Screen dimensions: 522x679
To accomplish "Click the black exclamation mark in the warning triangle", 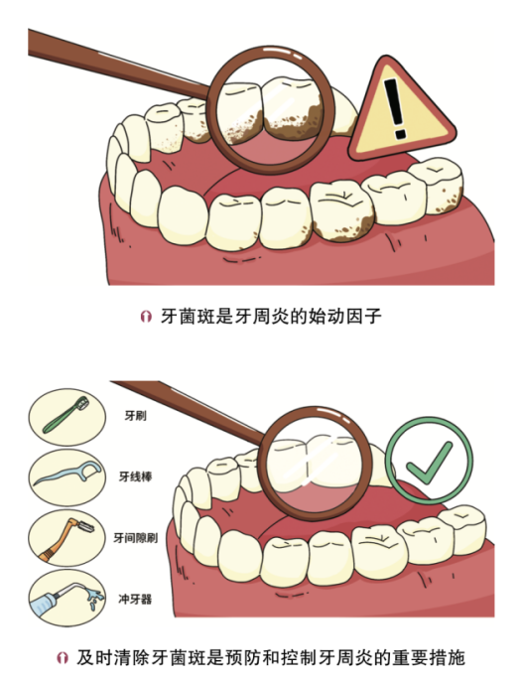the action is click(x=396, y=108).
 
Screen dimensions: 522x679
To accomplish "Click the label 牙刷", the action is click(x=136, y=416).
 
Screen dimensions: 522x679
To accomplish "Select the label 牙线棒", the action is click(x=136, y=476).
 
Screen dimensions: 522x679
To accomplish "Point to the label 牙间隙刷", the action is click(x=136, y=538).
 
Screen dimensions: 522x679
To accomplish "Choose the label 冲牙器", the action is click(x=136, y=599).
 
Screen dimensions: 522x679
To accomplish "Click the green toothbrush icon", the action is click(x=66, y=415).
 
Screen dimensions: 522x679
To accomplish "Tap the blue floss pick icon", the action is click(x=67, y=475).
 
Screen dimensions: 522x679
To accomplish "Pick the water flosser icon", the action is click(x=67, y=598).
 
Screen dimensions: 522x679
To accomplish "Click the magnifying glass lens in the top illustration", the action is click(x=270, y=110).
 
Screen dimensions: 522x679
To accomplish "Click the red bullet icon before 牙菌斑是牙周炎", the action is click(x=146, y=317).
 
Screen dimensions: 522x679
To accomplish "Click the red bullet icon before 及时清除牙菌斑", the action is click(x=63, y=658).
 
